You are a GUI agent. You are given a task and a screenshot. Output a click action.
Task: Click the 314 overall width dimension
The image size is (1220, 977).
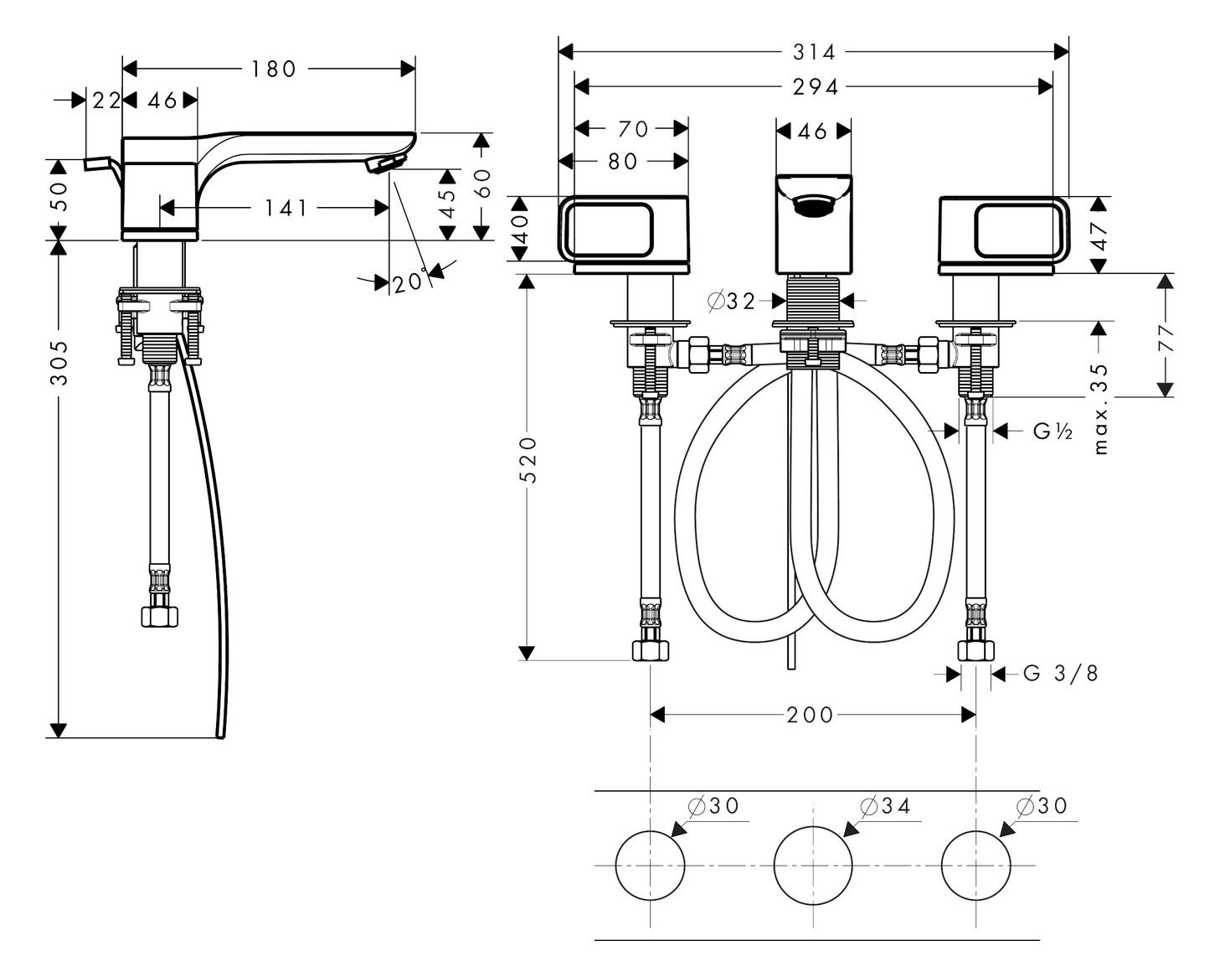tap(814, 52)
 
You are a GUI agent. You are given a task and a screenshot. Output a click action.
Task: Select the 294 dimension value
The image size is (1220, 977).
tap(814, 86)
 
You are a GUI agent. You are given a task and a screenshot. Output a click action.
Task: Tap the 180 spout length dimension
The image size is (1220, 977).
tap(274, 69)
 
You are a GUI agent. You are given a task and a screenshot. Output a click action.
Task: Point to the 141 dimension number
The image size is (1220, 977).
tap(286, 208)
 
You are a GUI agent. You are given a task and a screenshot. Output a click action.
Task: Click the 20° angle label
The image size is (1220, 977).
tap(409, 282)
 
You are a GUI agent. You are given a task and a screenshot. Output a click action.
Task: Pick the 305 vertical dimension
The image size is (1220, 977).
tap(59, 362)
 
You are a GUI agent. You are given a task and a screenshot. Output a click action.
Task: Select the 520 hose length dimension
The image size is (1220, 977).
tap(528, 459)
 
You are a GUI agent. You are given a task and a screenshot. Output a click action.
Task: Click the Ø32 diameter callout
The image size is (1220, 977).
tap(732, 301)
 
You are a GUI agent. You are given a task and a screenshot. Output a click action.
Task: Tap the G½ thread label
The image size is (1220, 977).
tap(1053, 432)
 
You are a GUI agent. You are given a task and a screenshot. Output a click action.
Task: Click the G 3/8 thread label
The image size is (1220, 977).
tap(1060, 673)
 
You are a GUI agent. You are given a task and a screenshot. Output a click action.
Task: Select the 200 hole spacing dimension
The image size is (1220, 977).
tap(810, 715)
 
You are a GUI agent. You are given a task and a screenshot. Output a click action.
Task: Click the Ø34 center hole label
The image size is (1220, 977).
tap(885, 806)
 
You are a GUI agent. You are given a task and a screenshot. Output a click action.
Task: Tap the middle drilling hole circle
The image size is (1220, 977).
tap(812, 865)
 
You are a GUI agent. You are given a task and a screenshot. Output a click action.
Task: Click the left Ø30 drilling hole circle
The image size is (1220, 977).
tap(651, 865)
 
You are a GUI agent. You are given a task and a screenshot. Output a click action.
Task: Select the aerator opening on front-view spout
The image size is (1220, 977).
tap(812, 205)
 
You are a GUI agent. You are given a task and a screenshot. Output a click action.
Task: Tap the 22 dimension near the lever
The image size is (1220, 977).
tap(106, 101)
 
